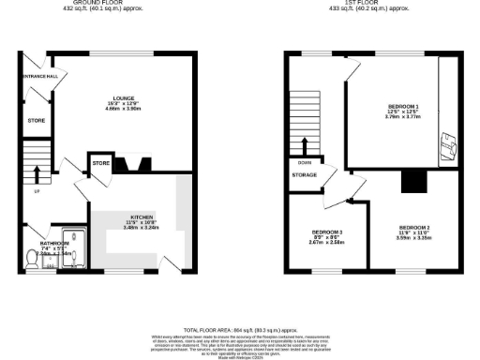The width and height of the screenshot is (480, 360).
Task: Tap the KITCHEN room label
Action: [143, 217]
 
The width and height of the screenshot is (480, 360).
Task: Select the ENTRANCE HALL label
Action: [40, 75]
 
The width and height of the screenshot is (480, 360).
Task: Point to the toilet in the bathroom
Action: [34, 265]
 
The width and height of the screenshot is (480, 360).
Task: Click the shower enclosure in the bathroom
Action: [71, 247]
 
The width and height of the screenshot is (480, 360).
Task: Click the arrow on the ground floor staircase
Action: [37, 172]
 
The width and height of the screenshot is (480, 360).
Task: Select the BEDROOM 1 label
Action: [404, 108]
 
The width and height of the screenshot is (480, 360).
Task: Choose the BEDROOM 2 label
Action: [413, 228]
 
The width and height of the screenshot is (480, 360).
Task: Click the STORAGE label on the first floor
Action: [304, 174]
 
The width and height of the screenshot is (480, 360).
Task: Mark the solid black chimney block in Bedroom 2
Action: [412, 181]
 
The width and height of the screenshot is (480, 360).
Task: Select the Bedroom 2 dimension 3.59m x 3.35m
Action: [413, 239]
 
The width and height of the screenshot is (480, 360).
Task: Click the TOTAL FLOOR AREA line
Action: [239, 330]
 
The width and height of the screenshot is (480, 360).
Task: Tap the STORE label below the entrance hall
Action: [36, 120]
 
